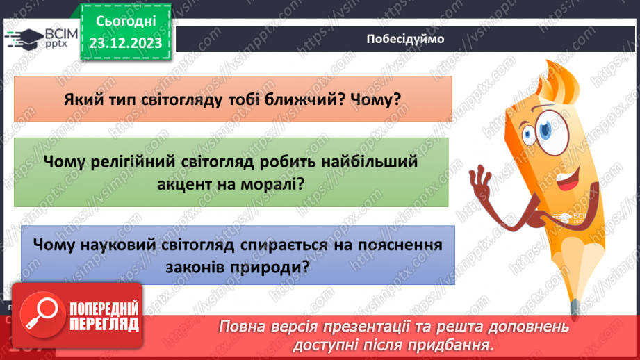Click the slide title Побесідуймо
(x=404, y=38)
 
